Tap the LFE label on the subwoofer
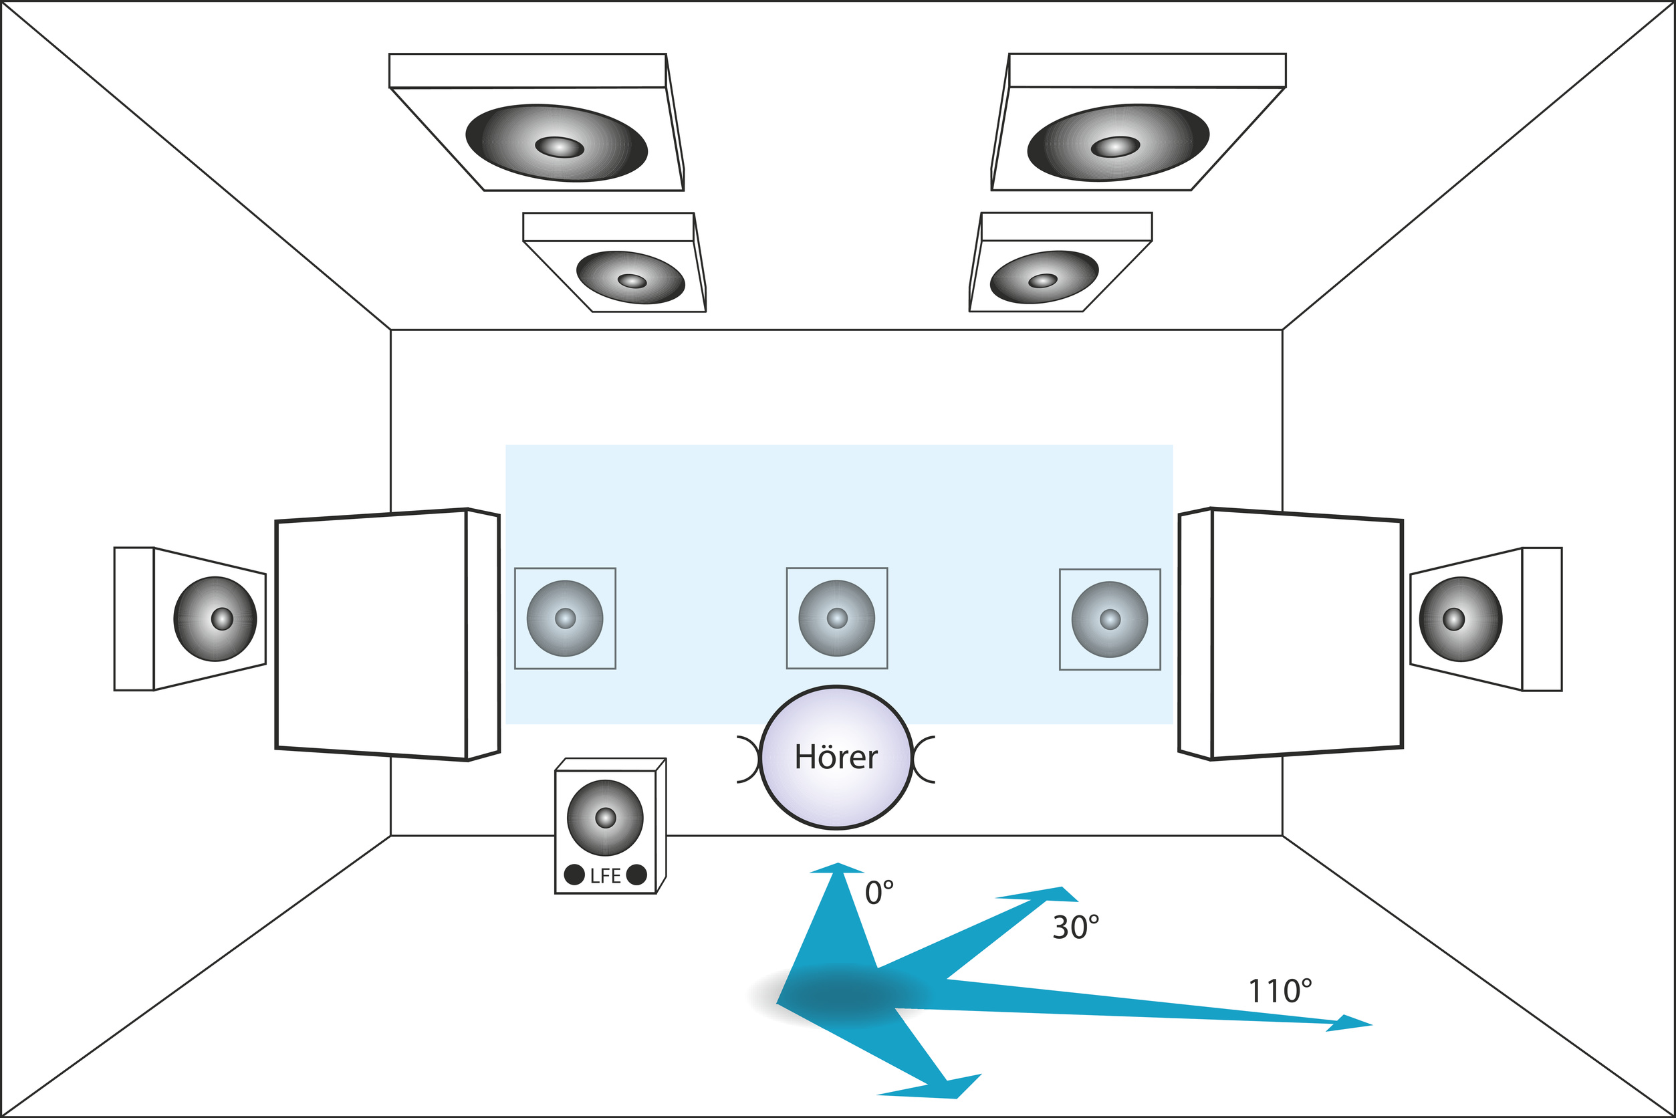pos(605,875)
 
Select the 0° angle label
pos(879,893)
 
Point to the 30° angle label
pos(1076,927)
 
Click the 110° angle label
pos(1280,991)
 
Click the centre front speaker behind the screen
pos(837,619)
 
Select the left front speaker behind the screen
pos(565,619)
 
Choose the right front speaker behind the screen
pos(1110,619)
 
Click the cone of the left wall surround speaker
pos(215,619)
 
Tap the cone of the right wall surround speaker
pos(1461,619)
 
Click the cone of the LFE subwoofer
pos(605,818)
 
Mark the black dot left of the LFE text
pos(574,875)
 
